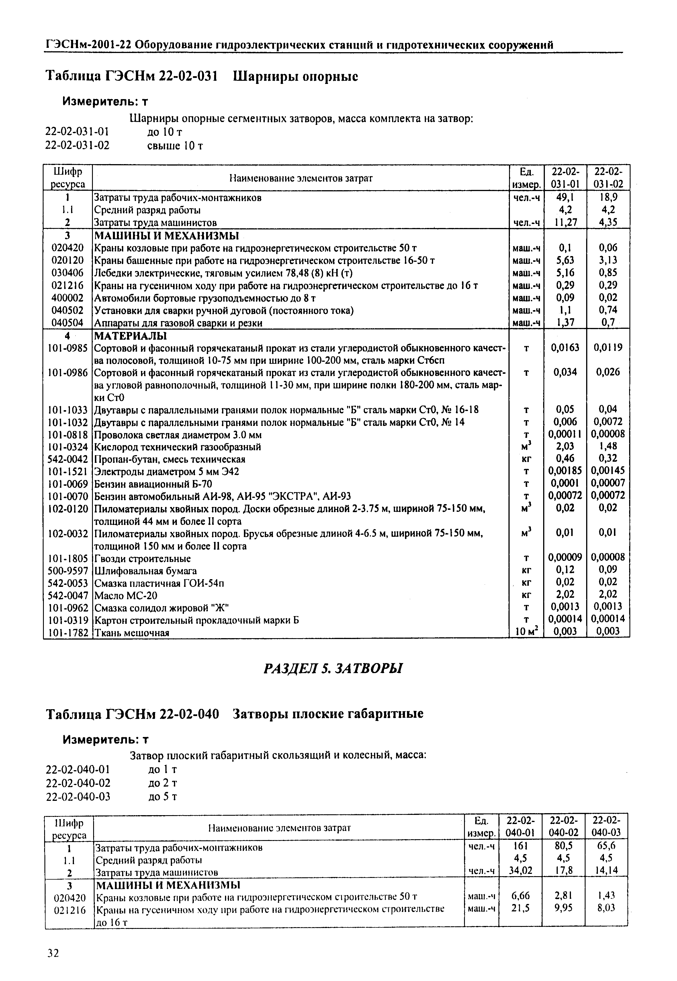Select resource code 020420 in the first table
[67, 247]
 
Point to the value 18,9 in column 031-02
[608, 197]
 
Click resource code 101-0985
[67, 348]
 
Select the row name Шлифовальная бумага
[146, 571]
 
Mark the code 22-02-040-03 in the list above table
[78, 796]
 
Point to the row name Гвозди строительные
[142, 558]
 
